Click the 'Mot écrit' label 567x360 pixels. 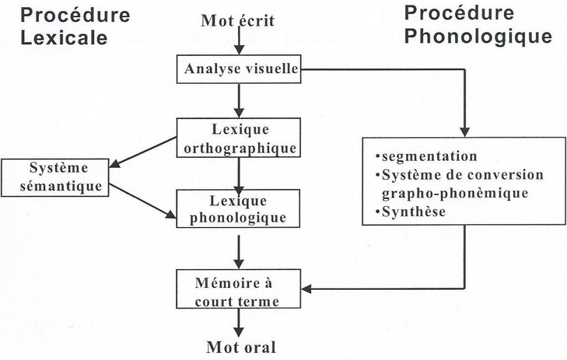pyautogui.click(x=238, y=22)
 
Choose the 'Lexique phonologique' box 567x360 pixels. pyautogui.click(x=238, y=209)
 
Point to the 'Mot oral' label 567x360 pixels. pyautogui.click(x=240, y=348)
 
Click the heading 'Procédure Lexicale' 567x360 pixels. pyautogui.click(x=75, y=25)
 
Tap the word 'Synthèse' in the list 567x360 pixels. pyautogui.click(x=413, y=212)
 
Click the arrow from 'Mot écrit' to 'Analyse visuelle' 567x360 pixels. pyautogui.click(x=238, y=42)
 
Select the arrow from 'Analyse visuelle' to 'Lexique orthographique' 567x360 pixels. pyautogui.click(x=238, y=100)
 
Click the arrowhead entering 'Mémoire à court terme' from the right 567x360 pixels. pyautogui.click(x=308, y=289)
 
